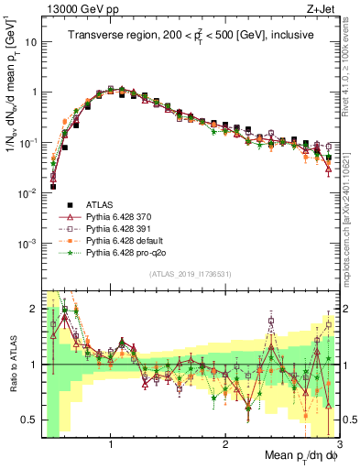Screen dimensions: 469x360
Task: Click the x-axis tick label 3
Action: [x=340, y=445]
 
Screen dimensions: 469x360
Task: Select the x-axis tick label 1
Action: [x=111, y=445]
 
